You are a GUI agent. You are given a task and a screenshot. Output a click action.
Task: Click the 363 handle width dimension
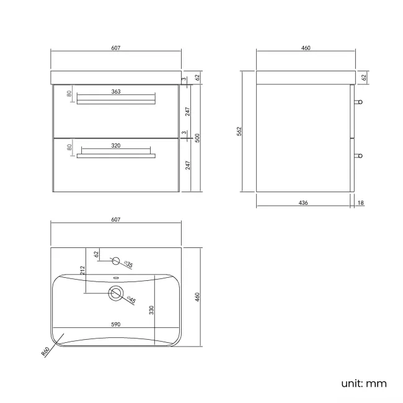pyautogui.click(x=116, y=92)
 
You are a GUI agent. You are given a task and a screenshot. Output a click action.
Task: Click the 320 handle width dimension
pyautogui.click(x=116, y=145)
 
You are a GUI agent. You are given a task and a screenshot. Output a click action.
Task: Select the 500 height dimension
pyautogui.click(x=197, y=138)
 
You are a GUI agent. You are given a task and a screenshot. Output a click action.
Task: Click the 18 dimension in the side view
pyautogui.click(x=361, y=203)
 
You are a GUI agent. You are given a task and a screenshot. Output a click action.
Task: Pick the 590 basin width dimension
pyautogui.click(x=116, y=324)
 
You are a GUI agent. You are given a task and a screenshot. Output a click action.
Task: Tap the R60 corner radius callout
pyautogui.click(x=45, y=352)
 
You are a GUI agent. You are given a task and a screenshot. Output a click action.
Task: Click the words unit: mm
pyautogui.click(x=363, y=383)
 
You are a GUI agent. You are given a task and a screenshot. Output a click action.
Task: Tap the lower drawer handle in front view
pyautogui.click(x=116, y=155)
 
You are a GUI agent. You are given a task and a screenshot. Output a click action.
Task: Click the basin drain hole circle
pyautogui.click(x=116, y=293)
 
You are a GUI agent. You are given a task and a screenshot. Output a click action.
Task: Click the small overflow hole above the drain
pyautogui.click(x=116, y=277)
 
